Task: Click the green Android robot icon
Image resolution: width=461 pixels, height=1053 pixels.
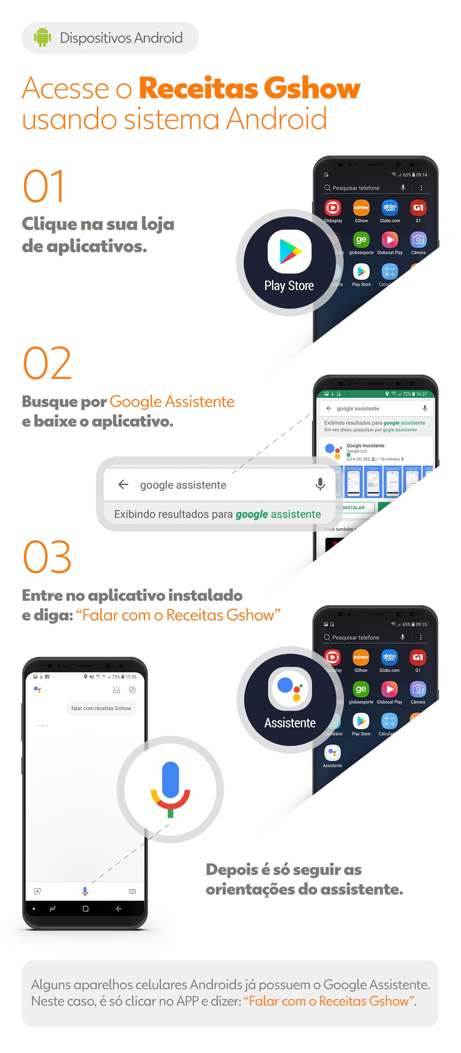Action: click(x=42, y=37)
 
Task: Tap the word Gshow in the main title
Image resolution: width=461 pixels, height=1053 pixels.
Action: click(x=312, y=88)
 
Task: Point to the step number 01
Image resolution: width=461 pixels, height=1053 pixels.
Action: click(x=44, y=186)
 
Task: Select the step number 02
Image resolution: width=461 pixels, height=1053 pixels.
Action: click(x=47, y=363)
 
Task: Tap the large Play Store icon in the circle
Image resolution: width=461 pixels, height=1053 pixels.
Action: click(x=290, y=252)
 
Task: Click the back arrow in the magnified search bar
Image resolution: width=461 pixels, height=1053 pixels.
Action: click(x=123, y=484)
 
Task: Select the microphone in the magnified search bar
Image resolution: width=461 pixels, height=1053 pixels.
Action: click(x=320, y=484)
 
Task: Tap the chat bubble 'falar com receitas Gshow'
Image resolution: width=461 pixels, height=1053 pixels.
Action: click(x=101, y=708)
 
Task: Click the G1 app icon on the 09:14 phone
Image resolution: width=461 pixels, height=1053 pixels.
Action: click(x=418, y=208)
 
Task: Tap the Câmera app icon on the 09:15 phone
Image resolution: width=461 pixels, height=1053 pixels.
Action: click(x=417, y=689)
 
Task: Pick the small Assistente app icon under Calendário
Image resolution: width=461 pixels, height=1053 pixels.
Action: click(x=332, y=753)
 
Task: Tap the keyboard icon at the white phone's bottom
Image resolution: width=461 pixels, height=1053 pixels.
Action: click(x=133, y=891)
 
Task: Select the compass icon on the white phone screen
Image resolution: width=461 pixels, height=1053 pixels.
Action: click(x=133, y=690)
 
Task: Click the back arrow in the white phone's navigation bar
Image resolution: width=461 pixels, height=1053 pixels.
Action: click(x=119, y=909)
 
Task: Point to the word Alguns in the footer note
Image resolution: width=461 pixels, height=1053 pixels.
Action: click(x=50, y=985)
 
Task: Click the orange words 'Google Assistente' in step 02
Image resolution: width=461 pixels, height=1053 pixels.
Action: click(x=172, y=402)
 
